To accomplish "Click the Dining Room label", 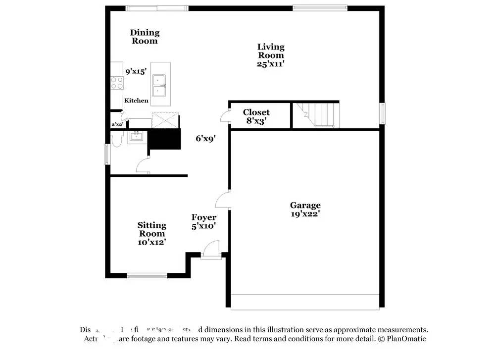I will tap(145, 37).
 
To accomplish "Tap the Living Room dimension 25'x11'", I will tap(271, 63).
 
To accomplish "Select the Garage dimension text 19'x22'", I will tap(305, 214).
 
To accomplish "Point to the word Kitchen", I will tap(136, 101).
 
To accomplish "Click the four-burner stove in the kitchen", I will tap(117, 83).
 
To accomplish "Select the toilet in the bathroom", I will tap(117, 141).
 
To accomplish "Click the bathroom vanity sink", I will tap(135, 137).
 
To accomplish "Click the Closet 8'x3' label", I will tap(256, 116).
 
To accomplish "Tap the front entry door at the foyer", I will tap(211, 249).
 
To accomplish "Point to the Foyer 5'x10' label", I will tap(204, 221).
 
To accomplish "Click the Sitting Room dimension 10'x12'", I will tap(151, 242).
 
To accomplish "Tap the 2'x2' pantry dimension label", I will tap(117, 125).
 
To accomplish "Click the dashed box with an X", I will tap(164, 120).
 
